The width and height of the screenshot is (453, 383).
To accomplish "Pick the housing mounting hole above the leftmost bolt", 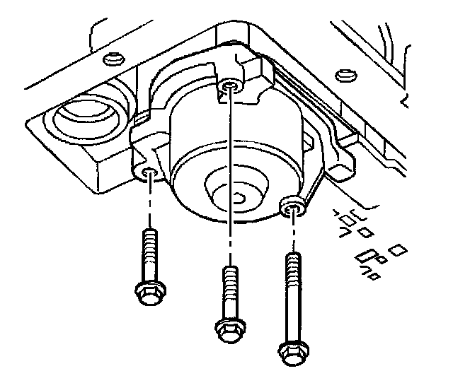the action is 149,173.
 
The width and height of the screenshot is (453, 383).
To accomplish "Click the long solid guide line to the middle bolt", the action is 228,177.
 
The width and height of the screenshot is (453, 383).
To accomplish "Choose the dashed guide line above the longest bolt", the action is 291,233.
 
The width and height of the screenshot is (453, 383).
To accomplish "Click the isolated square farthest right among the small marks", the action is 397,249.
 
